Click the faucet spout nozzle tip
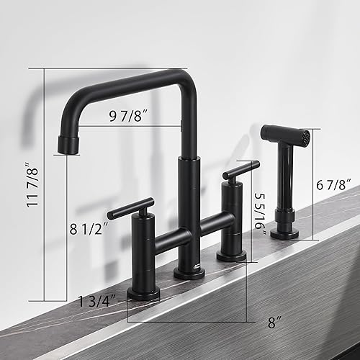pos(68,144)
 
